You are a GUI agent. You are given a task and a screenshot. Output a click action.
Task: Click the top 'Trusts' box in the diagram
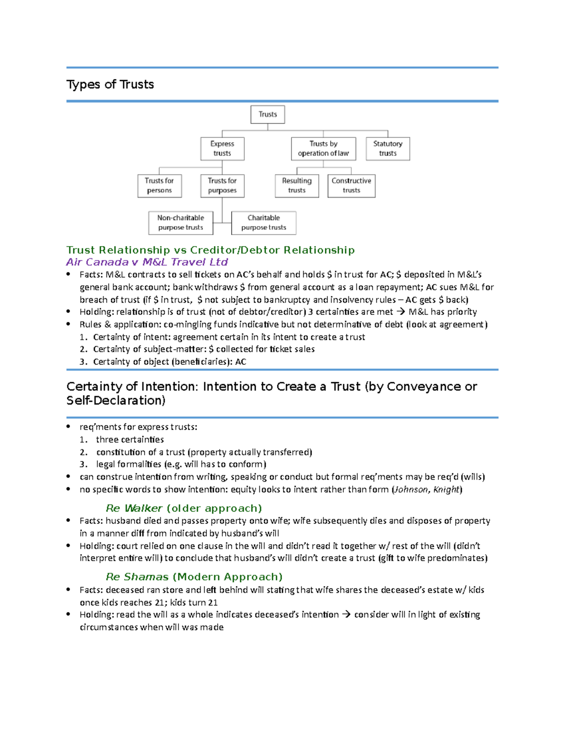[267, 115]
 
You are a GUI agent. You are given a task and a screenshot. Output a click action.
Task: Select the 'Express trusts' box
[222, 148]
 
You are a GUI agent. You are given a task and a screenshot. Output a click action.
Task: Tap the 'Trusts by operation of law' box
[323, 148]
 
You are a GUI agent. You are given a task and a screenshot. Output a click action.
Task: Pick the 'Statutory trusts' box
[387, 148]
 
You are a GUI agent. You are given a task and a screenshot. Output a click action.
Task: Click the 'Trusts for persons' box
[159, 186]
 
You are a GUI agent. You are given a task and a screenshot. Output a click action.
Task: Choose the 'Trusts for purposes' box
[222, 186]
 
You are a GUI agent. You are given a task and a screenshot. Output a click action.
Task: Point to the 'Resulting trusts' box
[297, 186]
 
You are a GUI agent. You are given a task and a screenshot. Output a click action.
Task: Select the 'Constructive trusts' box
[351, 186]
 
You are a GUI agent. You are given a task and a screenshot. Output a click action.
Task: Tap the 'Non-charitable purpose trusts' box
[181, 222]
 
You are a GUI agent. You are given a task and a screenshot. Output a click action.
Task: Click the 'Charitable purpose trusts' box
[264, 222]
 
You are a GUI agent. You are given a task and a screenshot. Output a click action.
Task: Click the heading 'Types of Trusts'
[110, 84]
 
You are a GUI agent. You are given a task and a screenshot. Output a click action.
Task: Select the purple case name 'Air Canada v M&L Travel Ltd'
[147, 262]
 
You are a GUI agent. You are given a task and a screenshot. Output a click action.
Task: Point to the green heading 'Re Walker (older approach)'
[184, 508]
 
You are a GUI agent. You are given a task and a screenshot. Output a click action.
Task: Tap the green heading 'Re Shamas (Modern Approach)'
[194, 577]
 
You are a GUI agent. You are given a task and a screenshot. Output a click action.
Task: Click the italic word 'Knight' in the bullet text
[446, 490]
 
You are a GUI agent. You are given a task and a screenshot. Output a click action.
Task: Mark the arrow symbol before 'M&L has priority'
[401, 312]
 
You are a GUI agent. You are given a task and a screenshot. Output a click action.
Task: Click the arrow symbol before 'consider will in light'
[346, 615]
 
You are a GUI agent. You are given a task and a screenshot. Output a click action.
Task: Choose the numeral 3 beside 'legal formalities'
[83, 464]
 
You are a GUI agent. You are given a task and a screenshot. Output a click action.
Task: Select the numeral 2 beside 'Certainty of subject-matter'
[83, 349]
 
